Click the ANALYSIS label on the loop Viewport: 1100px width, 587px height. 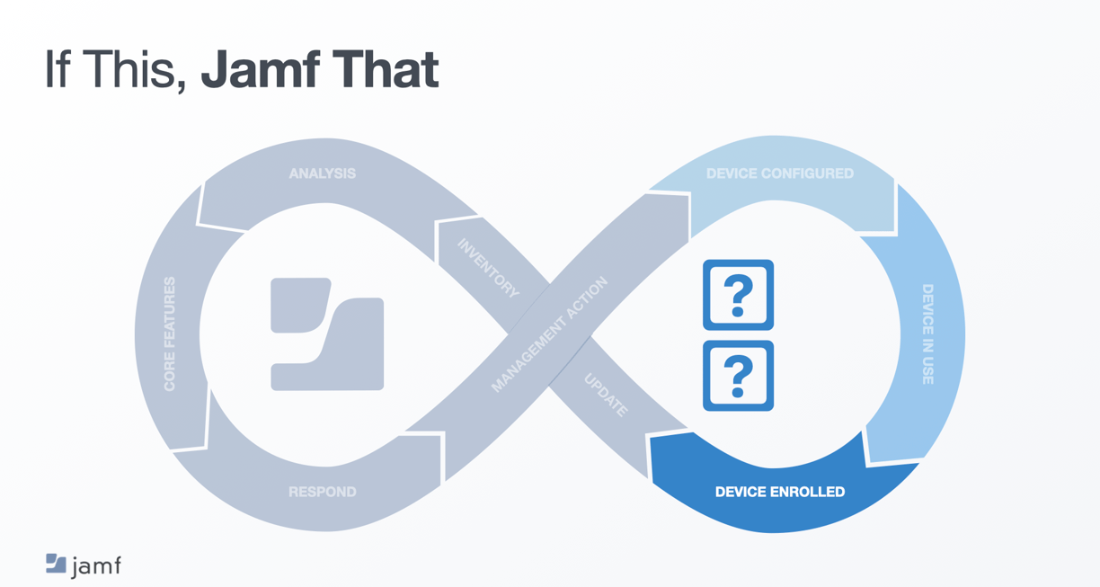point(322,173)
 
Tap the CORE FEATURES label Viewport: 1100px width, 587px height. point(170,334)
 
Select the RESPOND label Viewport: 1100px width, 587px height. point(322,492)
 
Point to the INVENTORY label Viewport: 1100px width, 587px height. point(488,268)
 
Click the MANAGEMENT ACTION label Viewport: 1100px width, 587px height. point(549,334)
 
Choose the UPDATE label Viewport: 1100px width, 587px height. point(606,396)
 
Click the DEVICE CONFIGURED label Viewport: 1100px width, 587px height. point(779,173)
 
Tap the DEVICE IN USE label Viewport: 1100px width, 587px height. point(927,334)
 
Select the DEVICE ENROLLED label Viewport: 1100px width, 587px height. point(779,492)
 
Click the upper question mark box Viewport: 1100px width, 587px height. point(738,295)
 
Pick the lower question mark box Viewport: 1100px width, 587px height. point(738,376)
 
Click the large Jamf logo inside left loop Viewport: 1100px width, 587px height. point(327,334)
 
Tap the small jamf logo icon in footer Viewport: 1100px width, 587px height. point(56,564)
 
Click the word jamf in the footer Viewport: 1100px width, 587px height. point(96,566)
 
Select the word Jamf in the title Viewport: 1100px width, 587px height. point(260,70)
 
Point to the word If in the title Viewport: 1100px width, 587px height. point(56,70)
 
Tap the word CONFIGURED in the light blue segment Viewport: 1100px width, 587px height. point(806,173)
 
